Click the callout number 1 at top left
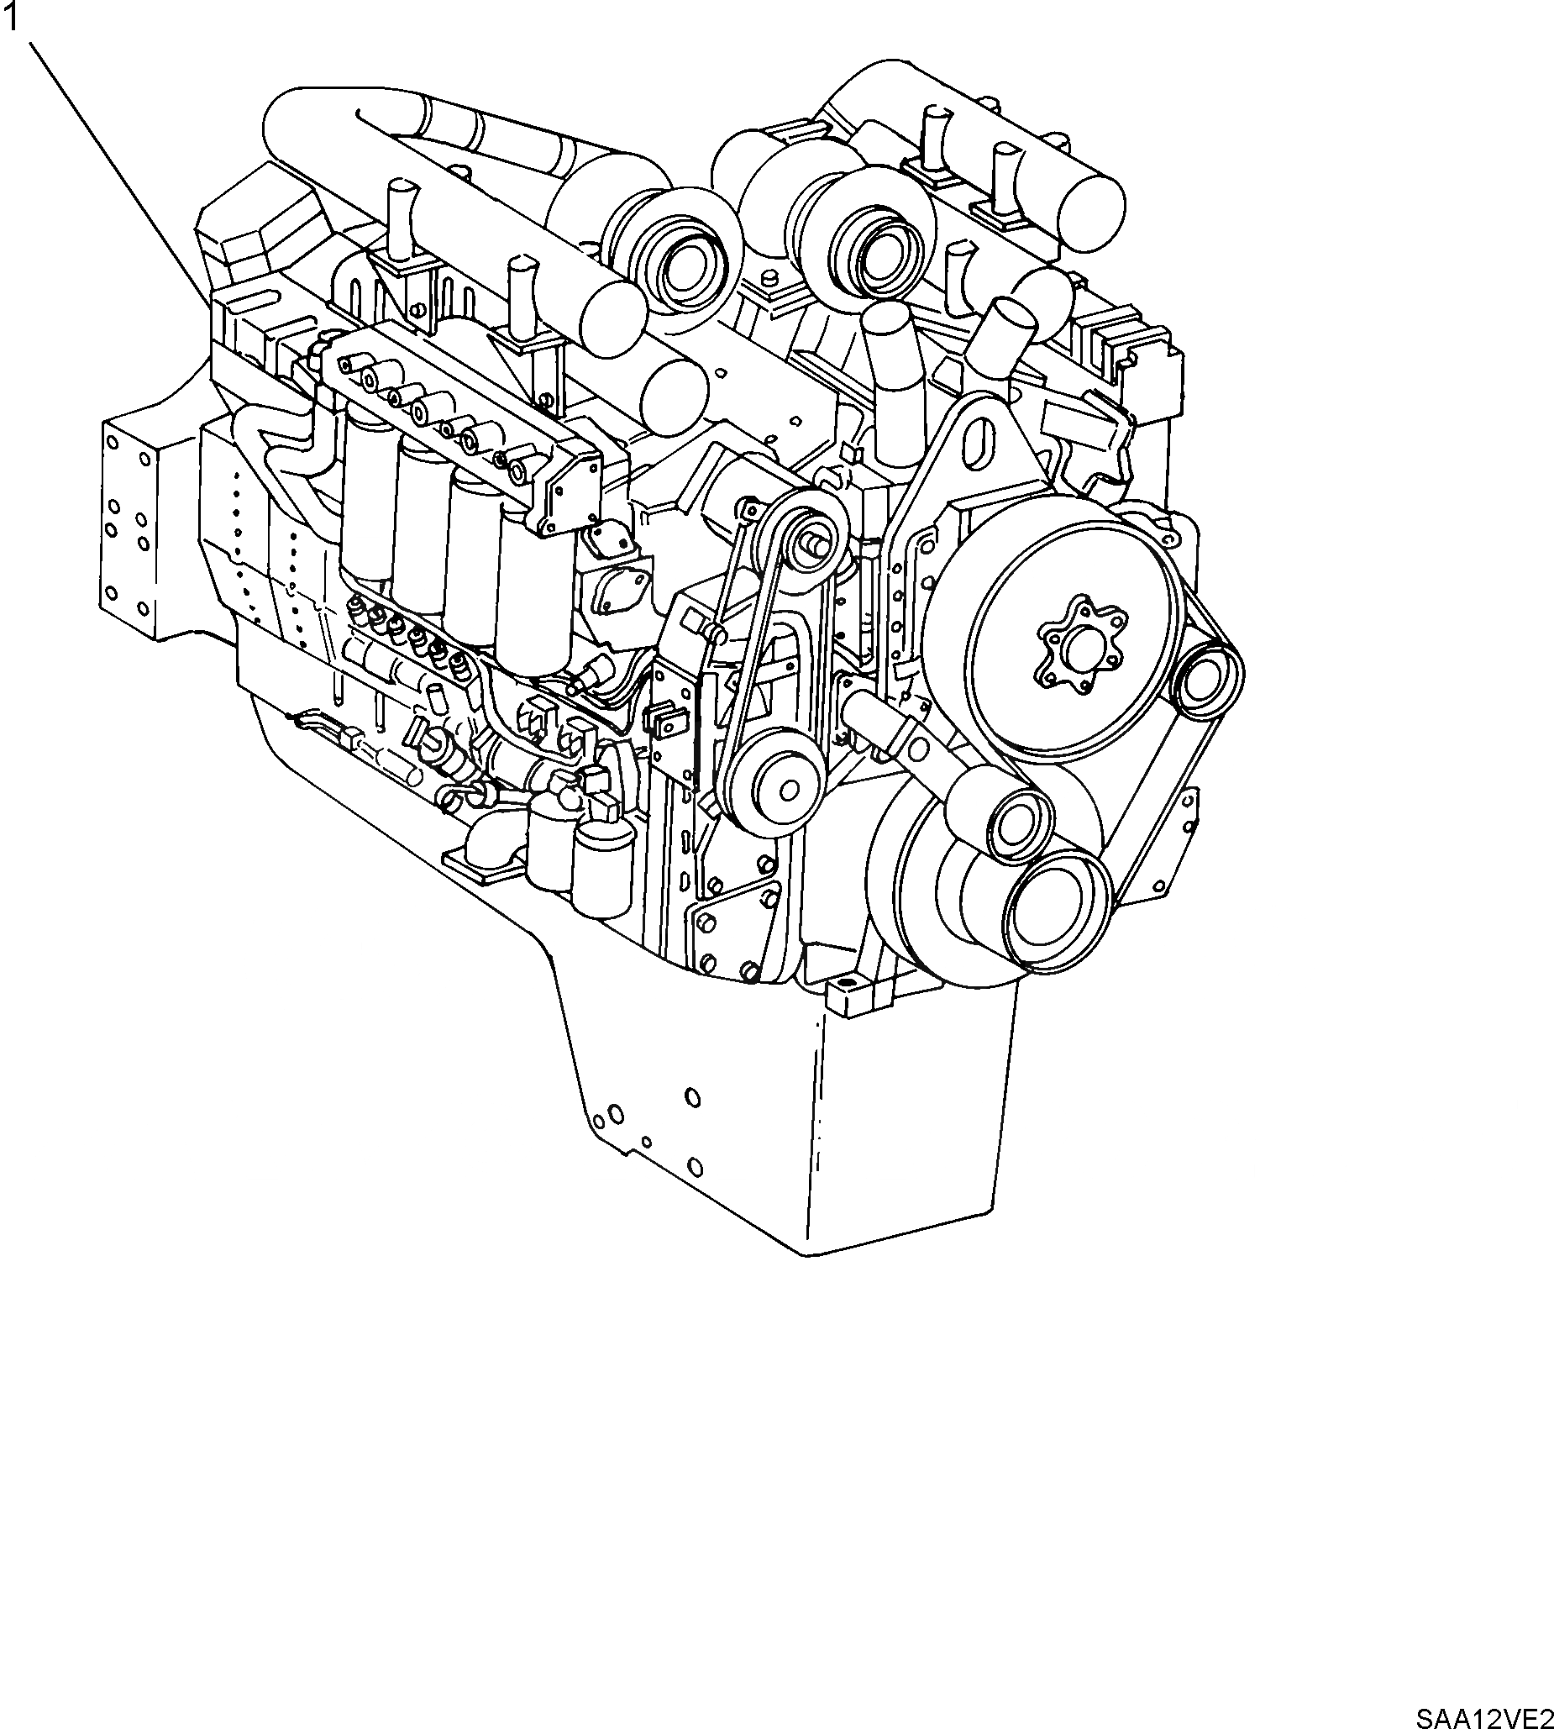(x=11, y=18)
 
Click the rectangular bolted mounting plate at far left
(x=127, y=529)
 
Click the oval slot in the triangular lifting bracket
(x=983, y=440)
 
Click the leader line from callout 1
(x=119, y=171)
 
